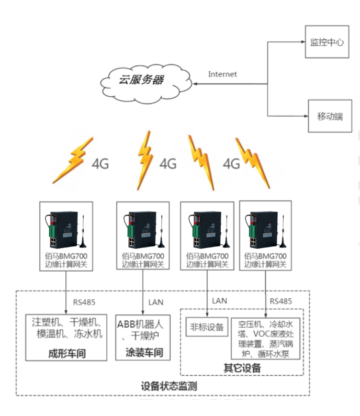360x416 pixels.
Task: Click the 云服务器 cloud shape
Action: [141, 81]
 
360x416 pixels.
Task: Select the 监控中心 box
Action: [327, 42]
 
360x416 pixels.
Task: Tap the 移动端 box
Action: [330, 116]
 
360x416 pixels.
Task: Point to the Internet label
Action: [222, 74]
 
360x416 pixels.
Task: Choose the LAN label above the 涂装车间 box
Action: [156, 302]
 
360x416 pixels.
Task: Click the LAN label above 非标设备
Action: [219, 300]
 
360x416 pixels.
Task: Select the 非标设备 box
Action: [207, 328]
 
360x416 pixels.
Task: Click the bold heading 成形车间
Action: [66, 354]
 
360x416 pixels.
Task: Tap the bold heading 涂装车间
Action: [144, 353]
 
